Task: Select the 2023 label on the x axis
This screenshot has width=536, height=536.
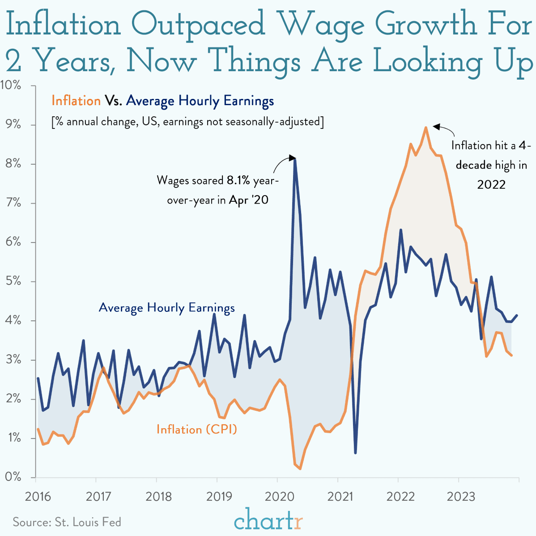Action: pyautogui.click(x=461, y=497)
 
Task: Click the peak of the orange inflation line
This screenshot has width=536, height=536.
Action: pyautogui.click(x=425, y=128)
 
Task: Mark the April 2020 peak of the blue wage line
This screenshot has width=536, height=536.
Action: pyautogui.click(x=295, y=159)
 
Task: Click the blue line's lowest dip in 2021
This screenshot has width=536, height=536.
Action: pyautogui.click(x=355, y=453)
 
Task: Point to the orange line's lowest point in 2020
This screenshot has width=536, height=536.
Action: pyautogui.click(x=300, y=468)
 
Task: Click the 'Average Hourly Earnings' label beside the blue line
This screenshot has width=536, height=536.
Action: pyautogui.click(x=166, y=308)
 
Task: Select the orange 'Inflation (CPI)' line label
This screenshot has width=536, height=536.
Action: pyautogui.click(x=196, y=430)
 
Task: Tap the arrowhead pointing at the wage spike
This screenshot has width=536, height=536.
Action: pyautogui.click(x=292, y=157)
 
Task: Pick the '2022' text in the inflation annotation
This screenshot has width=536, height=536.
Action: pyautogui.click(x=491, y=184)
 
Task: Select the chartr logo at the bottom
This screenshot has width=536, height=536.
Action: pyautogui.click(x=268, y=520)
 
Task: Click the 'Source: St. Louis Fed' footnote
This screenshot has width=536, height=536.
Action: pyautogui.click(x=67, y=522)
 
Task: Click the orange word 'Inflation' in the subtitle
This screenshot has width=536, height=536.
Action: pyautogui.click(x=76, y=101)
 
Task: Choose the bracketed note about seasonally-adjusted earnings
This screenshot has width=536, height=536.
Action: pyautogui.click(x=187, y=122)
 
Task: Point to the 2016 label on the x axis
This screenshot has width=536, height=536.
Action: pyautogui.click(x=38, y=497)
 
